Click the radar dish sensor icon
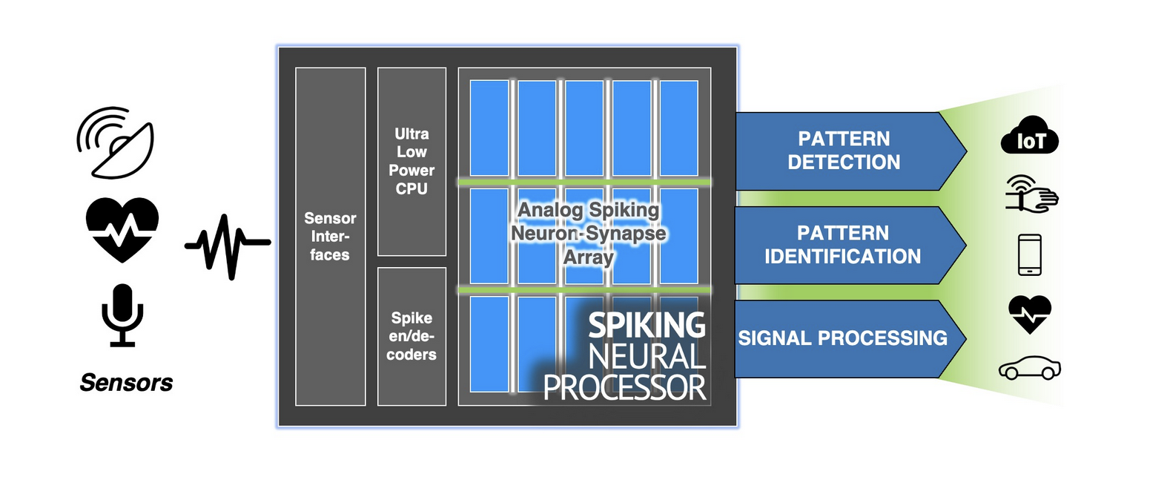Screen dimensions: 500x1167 point(116,143)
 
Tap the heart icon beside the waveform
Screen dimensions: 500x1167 point(122,229)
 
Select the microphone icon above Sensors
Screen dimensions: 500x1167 point(122,315)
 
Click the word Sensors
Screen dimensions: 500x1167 point(126,383)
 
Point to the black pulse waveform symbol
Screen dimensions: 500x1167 point(228,246)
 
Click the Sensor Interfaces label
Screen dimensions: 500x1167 point(330,237)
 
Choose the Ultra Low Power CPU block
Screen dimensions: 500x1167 point(411,162)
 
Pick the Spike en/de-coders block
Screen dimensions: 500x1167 point(411,336)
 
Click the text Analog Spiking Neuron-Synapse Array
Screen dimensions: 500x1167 point(589,233)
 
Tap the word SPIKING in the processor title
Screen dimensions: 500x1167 point(647,325)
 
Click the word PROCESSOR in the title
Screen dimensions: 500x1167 point(624,388)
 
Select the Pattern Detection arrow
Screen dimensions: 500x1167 point(845,151)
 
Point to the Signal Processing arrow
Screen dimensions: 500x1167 point(844,338)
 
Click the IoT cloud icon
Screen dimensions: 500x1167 point(1030,136)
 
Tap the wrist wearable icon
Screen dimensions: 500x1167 point(1031,194)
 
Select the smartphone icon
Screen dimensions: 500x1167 point(1030,254)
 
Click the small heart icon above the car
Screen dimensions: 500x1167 point(1030,313)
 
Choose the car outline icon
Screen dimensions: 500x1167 point(1030,368)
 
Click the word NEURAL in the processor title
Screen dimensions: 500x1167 point(647,357)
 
